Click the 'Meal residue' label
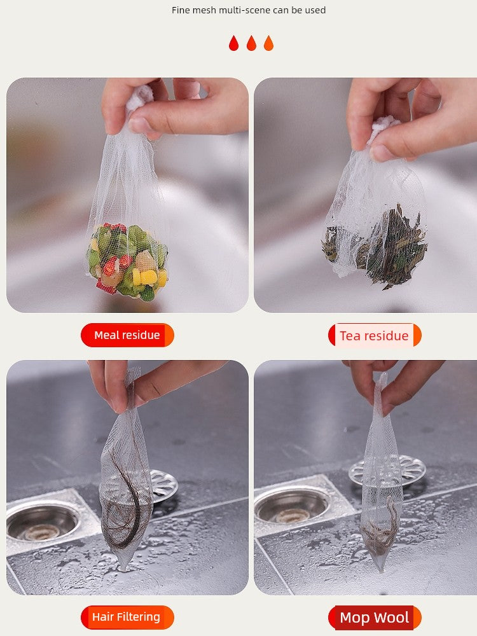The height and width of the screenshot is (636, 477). coord(127,335)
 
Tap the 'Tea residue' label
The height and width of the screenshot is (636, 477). coord(374,335)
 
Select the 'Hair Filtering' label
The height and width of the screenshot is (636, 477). coord(127,617)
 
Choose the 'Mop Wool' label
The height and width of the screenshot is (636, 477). coord(374,618)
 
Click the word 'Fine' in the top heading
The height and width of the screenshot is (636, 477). coord(181,10)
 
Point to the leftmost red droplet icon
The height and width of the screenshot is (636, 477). coord(234,43)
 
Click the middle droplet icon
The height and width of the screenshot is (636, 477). coord(251,43)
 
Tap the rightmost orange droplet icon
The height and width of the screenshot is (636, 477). coord(268,43)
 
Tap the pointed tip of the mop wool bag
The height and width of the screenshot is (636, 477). coord(380,568)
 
